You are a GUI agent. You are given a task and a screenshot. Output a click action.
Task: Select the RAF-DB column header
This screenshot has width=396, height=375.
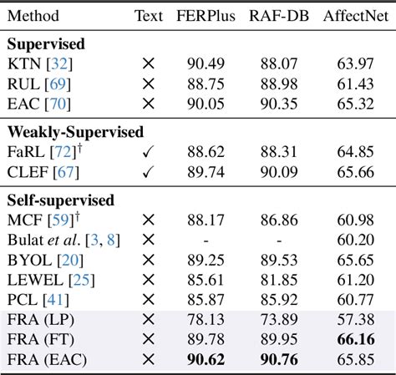coord(280,15)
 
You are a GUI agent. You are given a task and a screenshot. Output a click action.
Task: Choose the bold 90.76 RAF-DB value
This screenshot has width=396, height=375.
coord(280,359)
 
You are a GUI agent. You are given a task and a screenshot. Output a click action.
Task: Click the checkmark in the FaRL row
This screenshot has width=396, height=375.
coord(149,152)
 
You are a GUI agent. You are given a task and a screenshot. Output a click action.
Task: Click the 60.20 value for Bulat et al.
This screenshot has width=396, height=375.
coord(356,240)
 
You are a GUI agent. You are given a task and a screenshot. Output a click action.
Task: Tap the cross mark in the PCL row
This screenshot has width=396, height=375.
coord(149,299)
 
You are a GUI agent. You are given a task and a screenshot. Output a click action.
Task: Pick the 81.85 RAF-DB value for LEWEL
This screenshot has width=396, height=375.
coord(280,279)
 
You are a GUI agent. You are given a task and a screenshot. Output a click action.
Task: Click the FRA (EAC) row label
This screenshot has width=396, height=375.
coord(47,359)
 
